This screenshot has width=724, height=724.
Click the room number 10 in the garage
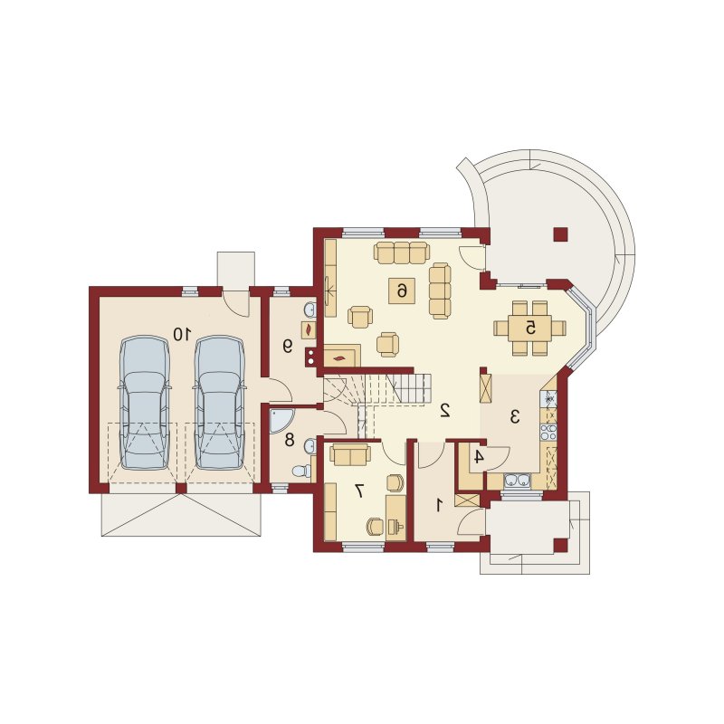182,334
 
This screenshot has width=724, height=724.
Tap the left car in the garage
144,403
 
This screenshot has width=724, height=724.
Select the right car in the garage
219,403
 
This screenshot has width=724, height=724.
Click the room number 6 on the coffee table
402,291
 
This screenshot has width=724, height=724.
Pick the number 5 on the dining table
530,328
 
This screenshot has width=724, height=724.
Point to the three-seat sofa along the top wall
402,252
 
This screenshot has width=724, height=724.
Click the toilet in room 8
302,471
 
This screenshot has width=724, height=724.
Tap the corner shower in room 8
280,420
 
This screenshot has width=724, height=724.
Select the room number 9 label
288,347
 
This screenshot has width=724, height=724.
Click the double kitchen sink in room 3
517,481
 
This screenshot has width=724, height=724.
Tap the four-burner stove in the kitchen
548,432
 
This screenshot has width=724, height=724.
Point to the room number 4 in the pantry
479,457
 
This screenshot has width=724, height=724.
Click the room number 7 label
358,491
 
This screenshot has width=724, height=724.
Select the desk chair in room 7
376,527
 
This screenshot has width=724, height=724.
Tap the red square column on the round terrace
560,234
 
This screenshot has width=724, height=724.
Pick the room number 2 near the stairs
445,411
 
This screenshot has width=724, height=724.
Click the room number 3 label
515,417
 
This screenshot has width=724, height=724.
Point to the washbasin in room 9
310,309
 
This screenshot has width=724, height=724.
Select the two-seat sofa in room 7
350,454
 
